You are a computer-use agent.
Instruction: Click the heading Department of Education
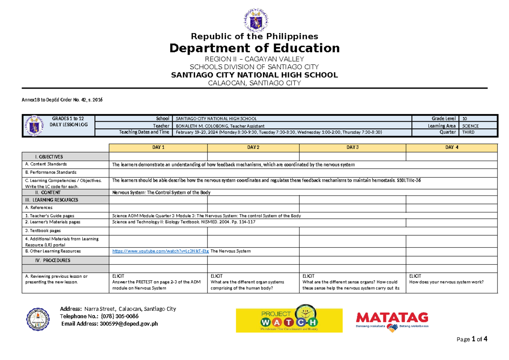pos(255,48)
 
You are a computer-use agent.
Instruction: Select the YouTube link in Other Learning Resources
pos(160,251)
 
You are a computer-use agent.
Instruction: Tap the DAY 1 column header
pos(158,148)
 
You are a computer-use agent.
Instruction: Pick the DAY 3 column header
pos(352,148)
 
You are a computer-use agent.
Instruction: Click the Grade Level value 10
pos(465,119)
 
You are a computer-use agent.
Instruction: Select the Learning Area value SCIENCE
pos(471,126)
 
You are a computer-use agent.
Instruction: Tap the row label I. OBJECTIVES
pos(48,157)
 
